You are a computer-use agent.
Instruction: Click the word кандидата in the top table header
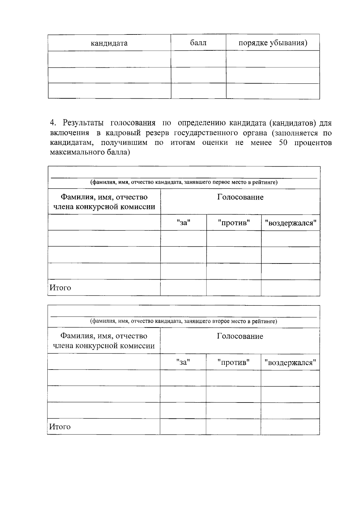coord(109,43)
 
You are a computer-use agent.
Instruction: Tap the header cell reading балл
coord(198,43)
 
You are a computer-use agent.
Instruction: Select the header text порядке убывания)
coord(273,43)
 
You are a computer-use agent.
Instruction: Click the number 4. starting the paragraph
coord(53,123)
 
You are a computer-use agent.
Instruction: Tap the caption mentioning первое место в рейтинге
coord(184,182)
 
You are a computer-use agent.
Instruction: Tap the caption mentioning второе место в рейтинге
coord(184,321)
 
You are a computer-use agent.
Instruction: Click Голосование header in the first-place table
coord(240,197)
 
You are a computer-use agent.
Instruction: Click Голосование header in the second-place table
coord(240,336)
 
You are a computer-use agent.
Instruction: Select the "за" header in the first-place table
coord(183,223)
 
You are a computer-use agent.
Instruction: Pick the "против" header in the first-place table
coord(234,223)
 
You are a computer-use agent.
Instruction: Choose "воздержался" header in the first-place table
coord(290,223)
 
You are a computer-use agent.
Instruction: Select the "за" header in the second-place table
coord(183,362)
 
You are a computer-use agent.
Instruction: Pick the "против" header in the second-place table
coord(233,362)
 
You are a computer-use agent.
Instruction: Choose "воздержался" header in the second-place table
coord(290,363)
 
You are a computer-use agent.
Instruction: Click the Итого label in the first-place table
coord(60,288)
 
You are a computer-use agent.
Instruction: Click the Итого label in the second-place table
coord(60,427)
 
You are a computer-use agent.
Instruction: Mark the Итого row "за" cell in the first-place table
coord(183,288)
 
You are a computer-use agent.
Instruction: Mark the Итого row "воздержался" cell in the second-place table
coord(290,427)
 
